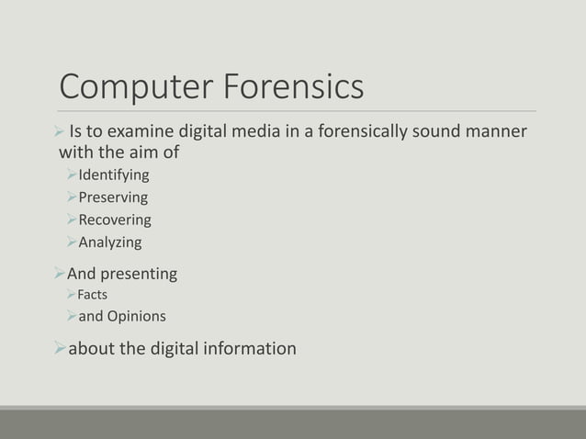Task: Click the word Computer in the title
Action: pos(138,89)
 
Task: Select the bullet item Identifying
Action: pos(114,174)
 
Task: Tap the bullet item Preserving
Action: pos(113,197)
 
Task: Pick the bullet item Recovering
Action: pos(115,220)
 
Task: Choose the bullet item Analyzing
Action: pos(110,243)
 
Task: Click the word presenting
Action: pos(141,275)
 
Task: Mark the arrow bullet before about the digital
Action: pos(61,349)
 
